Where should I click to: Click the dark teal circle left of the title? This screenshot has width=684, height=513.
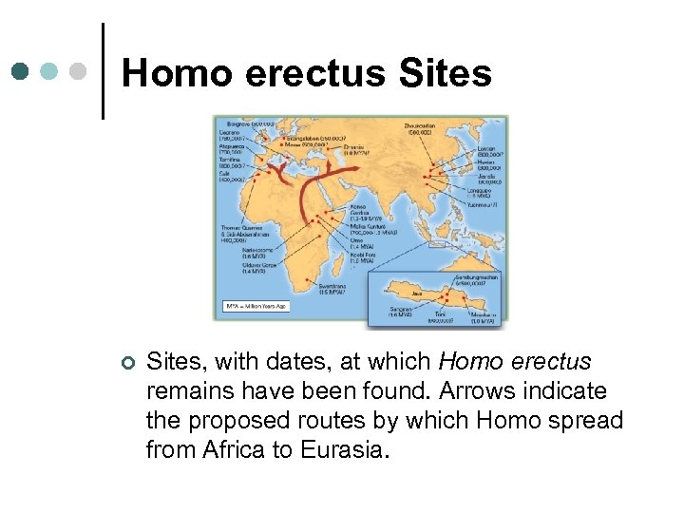tap(21, 71)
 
